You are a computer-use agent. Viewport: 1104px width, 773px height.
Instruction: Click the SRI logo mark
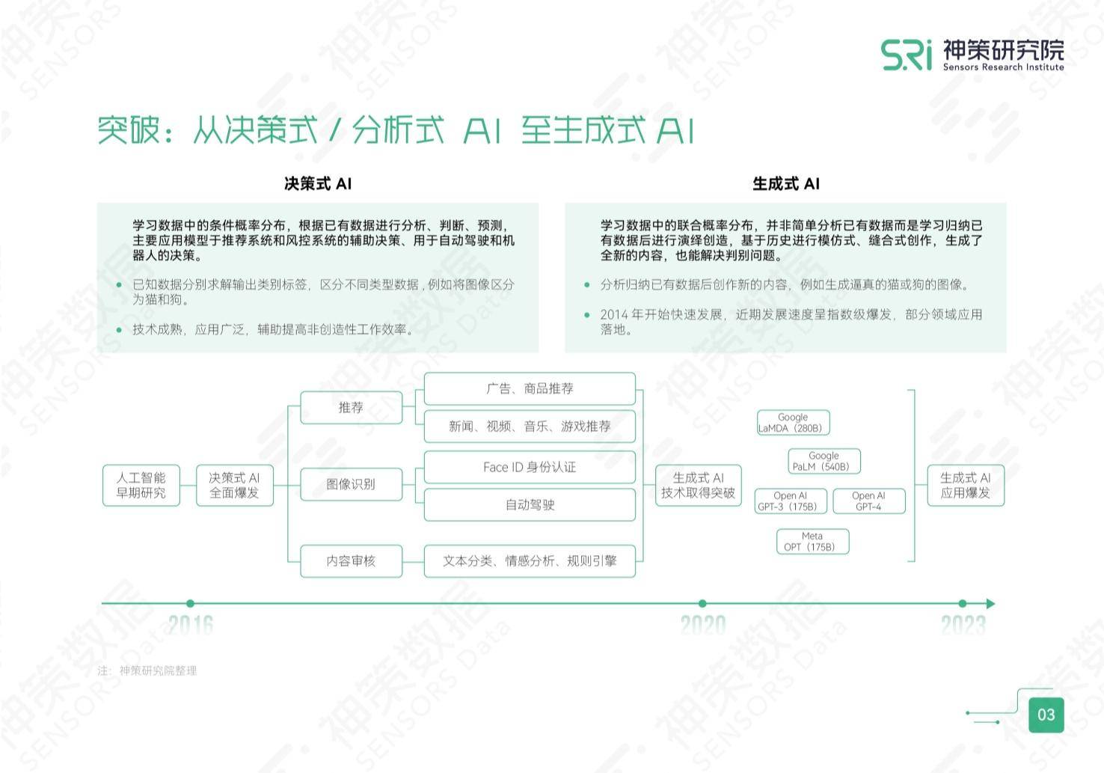[x=907, y=55]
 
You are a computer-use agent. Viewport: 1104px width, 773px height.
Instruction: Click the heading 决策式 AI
[x=318, y=184]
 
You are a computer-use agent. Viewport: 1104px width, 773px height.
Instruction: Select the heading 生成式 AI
[x=785, y=184]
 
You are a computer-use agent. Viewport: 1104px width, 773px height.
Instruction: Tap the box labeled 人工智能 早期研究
[x=141, y=485]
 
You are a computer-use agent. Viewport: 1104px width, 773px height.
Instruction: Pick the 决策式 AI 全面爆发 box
[x=235, y=485]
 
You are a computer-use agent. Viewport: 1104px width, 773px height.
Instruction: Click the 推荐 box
[x=351, y=407]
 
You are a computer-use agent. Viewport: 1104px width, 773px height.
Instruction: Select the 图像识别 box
[x=351, y=484]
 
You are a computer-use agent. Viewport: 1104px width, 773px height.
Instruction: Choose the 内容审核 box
[x=351, y=561]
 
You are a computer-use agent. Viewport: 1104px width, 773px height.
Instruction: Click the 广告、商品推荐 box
[x=530, y=388]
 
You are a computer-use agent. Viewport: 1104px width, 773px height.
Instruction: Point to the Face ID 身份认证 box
[x=530, y=467]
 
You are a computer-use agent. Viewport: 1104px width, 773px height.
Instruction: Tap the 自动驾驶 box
[x=530, y=504]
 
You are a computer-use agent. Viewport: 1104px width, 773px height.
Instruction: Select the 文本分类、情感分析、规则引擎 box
[x=530, y=561]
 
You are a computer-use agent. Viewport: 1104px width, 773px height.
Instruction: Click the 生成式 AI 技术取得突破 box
[x=699, y=485]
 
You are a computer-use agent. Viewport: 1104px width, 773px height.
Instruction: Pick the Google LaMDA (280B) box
[x=794, y=423]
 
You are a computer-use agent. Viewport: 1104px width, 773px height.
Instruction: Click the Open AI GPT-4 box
[x=869, y=501]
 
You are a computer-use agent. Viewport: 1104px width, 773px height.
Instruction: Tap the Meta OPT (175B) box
[x=813, y=541]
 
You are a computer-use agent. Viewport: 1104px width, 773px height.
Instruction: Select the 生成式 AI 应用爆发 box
[x=966, y=485]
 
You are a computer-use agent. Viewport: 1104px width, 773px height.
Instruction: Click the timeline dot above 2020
[x=703, y=603]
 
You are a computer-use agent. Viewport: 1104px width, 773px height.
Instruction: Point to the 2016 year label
[x=191, y=625]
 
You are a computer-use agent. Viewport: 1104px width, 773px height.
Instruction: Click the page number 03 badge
[x=1046, y=715]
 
